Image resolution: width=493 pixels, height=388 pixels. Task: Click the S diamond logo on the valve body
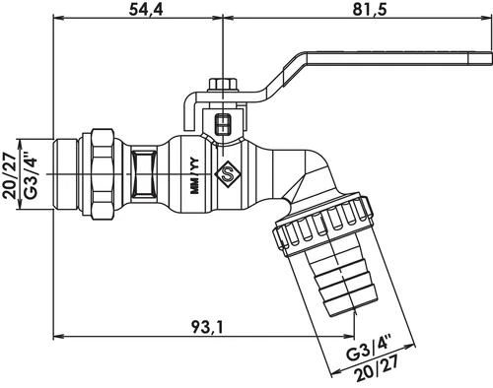[229, 178]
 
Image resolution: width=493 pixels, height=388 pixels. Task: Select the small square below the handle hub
[222, 124]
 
